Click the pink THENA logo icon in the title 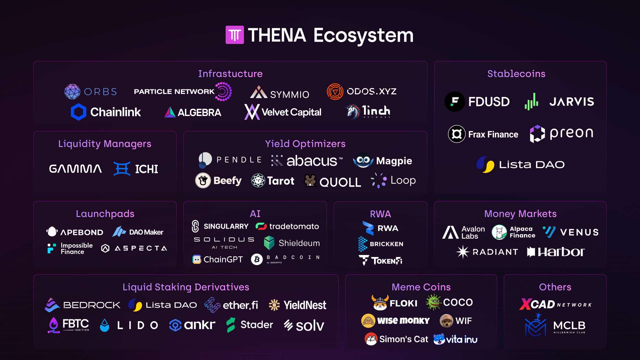[x=235, y=35]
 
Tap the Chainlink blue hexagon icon [x=79, y=112]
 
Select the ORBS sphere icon [x=72, y=92]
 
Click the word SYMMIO [x=289, y=95]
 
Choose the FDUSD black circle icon [x=455, y=102]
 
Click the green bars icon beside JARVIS [x=531, y=102]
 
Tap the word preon [x=571, y=133]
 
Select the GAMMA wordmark [x=75, y=169]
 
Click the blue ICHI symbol [x=122, y=169]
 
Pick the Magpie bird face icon [x=363, y=161]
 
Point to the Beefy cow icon [x=203, y=181]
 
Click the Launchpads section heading [x=105, y=214]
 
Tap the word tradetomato [x=294, y=226]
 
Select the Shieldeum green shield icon [x=269, y=243]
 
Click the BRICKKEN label [x=386, y=244]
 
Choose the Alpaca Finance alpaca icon [x=499, y=232]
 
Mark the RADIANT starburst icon [x=463, y=252]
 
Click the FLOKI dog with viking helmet [x=380, y=302]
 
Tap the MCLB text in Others [x=569, y=325]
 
